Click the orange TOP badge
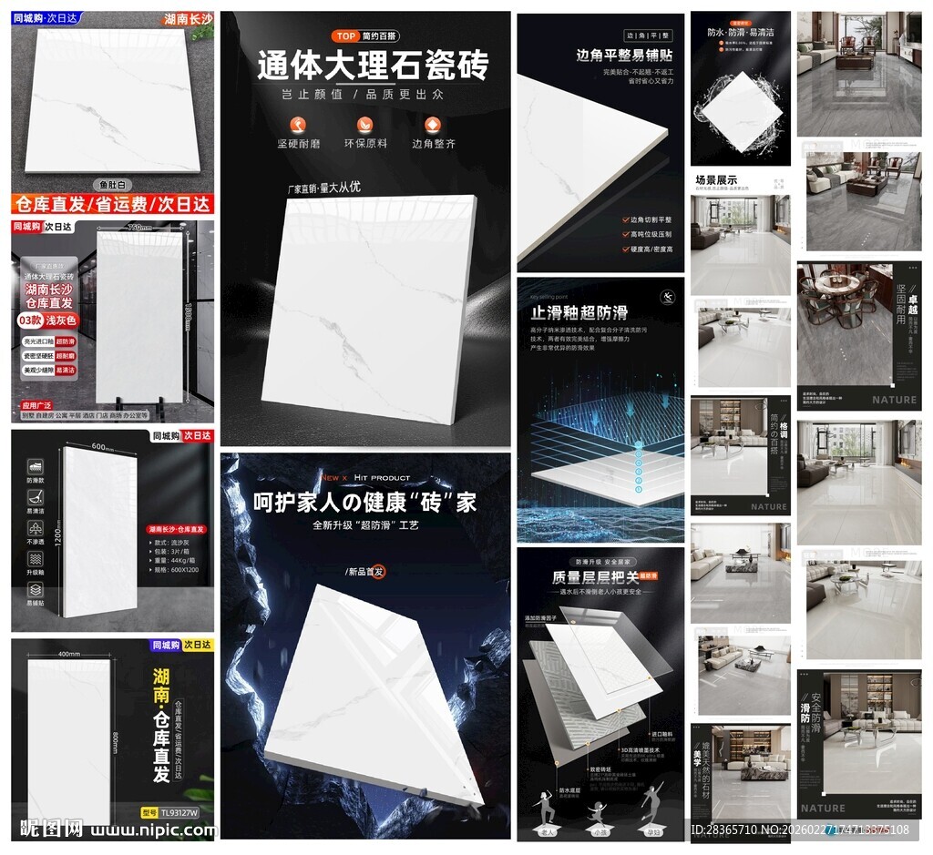pyautogui.click(x=345, y=36)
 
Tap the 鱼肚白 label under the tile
pyautogui.click(x=112, y=183)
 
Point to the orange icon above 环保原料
pyautogui.click(x=365, y=124)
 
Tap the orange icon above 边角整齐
pyautogui.click(x=433, y=124)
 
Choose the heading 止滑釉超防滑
pyautogui.click(x=579, y=312)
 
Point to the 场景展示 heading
pyautogui.click(x=716, y=180)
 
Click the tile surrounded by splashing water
pyautogui.click(x=741, y=107)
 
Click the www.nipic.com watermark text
pyautogui.click(x=154, y=830)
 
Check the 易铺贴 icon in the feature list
pyautogui.click(x=34, y=591)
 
